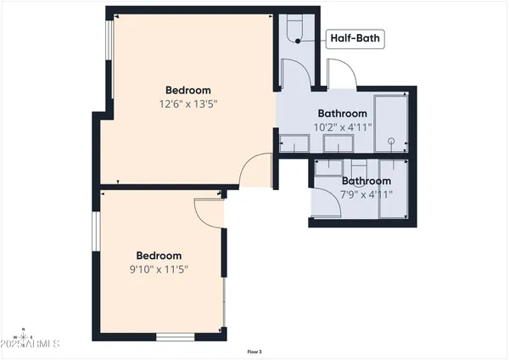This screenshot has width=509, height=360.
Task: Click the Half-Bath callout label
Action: (354, 37)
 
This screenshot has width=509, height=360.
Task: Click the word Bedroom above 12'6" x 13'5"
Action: (187, 90)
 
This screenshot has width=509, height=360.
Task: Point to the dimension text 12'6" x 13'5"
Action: (187, 104)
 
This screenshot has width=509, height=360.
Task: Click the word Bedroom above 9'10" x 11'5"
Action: (159, 256)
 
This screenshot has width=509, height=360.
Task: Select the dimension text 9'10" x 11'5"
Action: (159, 270)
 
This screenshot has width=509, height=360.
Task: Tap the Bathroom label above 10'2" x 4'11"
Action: (342, 114)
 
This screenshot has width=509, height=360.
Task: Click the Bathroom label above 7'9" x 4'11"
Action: (366, 181)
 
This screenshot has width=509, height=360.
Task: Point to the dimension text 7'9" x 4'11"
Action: (366, 194)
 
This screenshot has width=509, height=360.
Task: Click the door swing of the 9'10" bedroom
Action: (209, 211)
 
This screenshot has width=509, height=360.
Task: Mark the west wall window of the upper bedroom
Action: (109, 51)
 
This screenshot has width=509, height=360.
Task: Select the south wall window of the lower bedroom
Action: (175, 337)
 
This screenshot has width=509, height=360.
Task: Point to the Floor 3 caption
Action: (255, 351)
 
